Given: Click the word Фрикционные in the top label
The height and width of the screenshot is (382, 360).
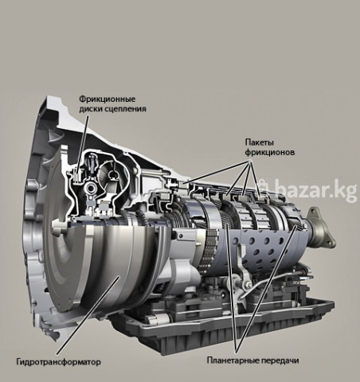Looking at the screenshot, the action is tap(108, 99).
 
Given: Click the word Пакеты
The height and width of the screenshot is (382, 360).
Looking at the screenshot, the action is tap(260, 142).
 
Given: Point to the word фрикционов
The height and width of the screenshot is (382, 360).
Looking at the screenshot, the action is tap(270, 153).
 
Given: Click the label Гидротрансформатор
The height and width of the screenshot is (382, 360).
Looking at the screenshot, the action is tap(59, 362).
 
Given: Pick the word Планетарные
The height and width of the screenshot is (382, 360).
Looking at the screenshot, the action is tap(233, 361).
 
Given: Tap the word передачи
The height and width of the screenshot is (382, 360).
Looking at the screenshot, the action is tap(280, 361).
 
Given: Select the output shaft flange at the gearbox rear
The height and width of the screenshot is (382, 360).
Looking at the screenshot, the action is tap(321, 228).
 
